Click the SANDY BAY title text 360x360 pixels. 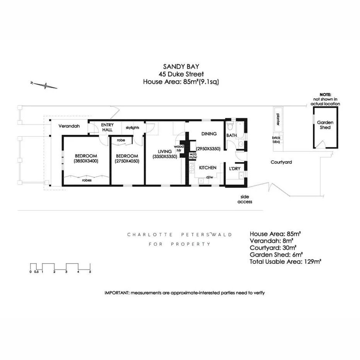pyautogui.click(x=180, y=66)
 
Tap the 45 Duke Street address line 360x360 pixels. pyautogui.click(x=180, y=74)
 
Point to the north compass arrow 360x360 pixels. pyautogui.click(x=44, y=85)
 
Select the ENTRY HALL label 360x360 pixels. pyautogui.click(x=107, y=127)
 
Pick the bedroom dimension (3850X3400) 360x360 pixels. pyautogui.click(x=86, y=161)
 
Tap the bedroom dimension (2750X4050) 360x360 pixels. pyautogui.click(x=127, y=161)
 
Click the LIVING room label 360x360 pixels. pyautogui.click(x=165, y=151)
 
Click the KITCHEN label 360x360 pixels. pyautogui.click(x=207, y=168)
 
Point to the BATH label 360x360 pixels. pyautogui.click(x=232, y=136)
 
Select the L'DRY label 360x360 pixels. pyautogui.click(x=235, y=169)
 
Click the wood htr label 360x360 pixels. pyautogui.click(x=179, y=149)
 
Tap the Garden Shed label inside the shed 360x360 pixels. pyautogui.click(x=325, y=125)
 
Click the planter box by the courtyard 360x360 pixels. pyautogui.click(x=277, y=115)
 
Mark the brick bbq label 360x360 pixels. pyautogui.click(x=277, y=139)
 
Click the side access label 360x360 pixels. pyautogui.click(x=245, y=199)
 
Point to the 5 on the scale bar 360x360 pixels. pyautogui.click(x=90, y=272)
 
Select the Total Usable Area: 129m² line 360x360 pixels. pyautogui.click(x=286, y=262)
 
